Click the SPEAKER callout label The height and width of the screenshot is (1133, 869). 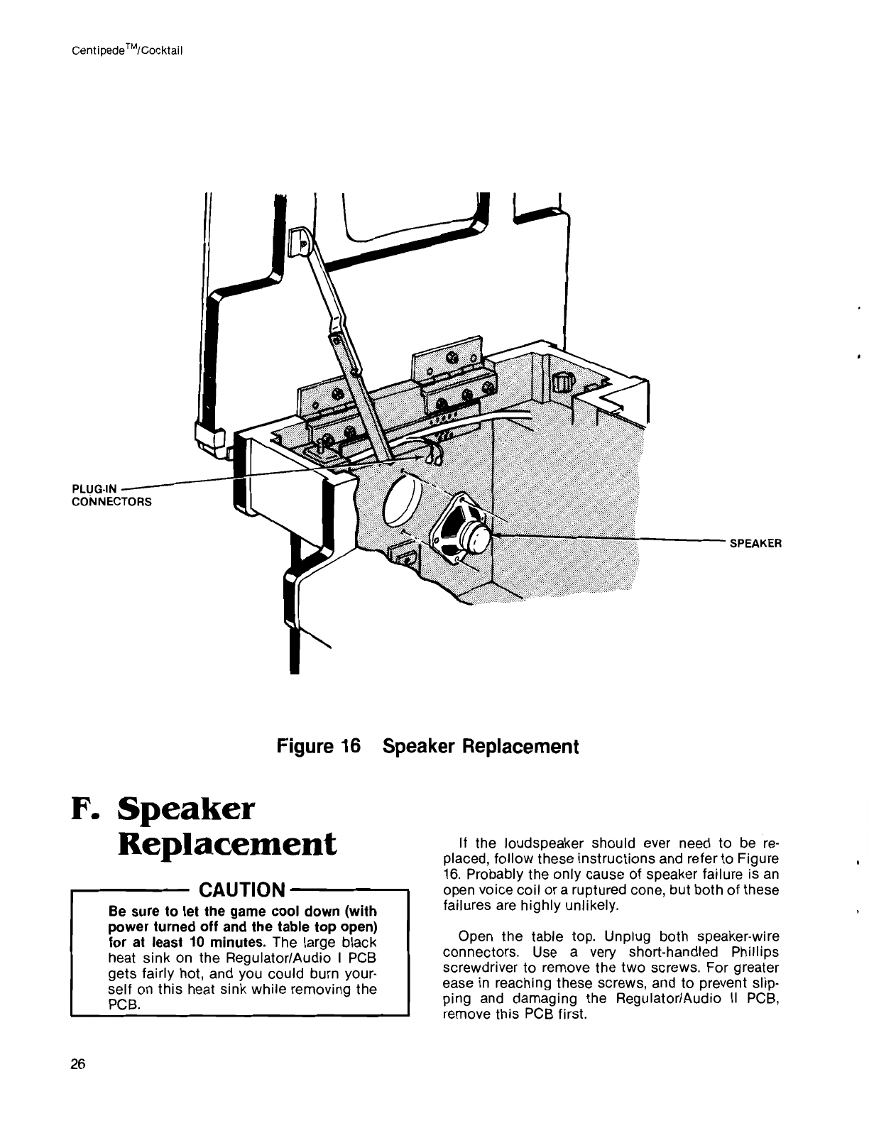(x=755, y=544)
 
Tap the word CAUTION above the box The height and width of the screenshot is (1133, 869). (x=242, y=890)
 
